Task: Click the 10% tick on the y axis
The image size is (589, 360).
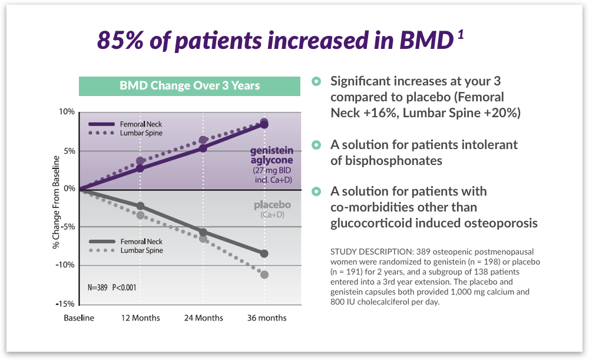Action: [x=67, y=112]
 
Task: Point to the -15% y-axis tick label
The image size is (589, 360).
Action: [x=65, y=303]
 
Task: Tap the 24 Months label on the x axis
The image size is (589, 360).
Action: [x=204, y=318]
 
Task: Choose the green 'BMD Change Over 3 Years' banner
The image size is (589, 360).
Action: [x=190, y=86]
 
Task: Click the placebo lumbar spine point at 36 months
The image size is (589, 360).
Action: [x=264, y=275]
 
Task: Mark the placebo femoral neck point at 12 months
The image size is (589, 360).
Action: [x=140, y=206]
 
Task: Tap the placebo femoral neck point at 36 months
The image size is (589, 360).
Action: [x=264, y=253]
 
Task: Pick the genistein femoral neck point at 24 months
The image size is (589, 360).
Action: [x=203, y=148]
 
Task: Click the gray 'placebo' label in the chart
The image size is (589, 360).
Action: [x=272, y=205]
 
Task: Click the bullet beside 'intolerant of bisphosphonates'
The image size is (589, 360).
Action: [x=317, y=144]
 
